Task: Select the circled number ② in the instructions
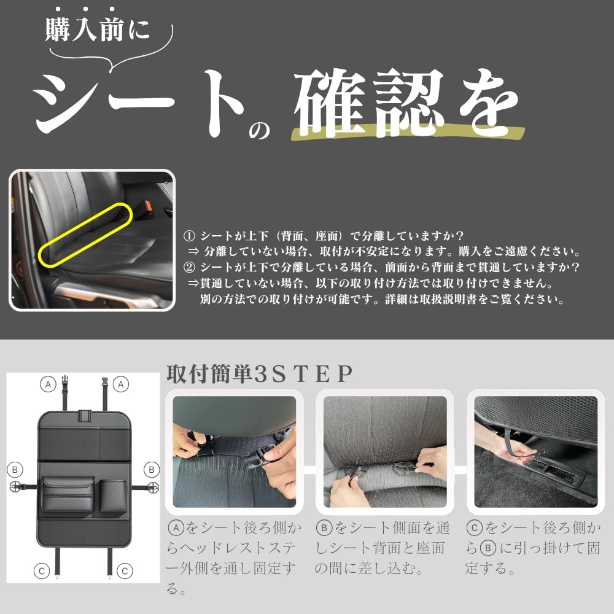click(189, 268)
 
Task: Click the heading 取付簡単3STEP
click(260, 374)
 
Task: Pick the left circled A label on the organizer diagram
click(47, 384)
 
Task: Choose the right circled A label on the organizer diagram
click(122, 384)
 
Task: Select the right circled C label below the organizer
click(125, 571)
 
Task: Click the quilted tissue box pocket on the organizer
click(68, 494)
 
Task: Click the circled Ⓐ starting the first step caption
click(176, 527)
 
